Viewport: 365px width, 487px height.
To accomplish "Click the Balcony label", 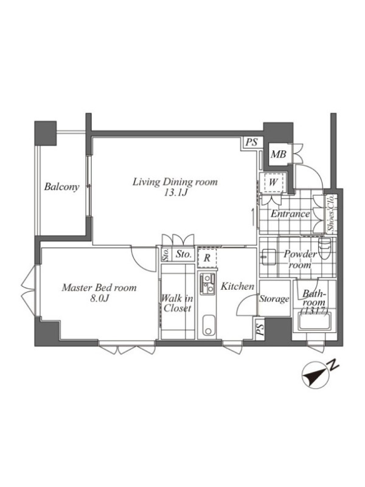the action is coord(61,187).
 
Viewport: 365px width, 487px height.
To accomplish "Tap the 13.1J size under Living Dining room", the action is coord(175,193).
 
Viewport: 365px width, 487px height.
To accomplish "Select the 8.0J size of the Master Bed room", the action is coord(99,299).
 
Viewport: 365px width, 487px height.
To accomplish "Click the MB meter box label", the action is coord(278,154).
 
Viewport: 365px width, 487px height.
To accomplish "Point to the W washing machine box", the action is coord(273,182).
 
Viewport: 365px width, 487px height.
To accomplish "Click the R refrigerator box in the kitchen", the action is coord(207,258).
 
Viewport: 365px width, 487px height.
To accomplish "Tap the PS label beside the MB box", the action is coord(252,142).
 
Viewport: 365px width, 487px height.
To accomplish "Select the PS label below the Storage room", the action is coord(260,329).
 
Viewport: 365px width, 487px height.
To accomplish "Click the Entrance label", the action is coord(290,214).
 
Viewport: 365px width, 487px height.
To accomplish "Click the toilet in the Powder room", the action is coord(325,248).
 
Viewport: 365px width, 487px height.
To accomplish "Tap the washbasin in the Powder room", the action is coord(269,257).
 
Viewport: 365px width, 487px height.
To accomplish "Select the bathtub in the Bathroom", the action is coord(315,322).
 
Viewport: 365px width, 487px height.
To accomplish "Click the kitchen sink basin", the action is coord(209,325).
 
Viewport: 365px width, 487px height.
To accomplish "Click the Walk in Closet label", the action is coord(177,303).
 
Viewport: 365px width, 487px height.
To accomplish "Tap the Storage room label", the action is coord(274,299).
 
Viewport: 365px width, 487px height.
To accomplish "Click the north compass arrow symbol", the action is coord(315,375).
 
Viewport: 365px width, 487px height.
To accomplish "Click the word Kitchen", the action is coord(237,286).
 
